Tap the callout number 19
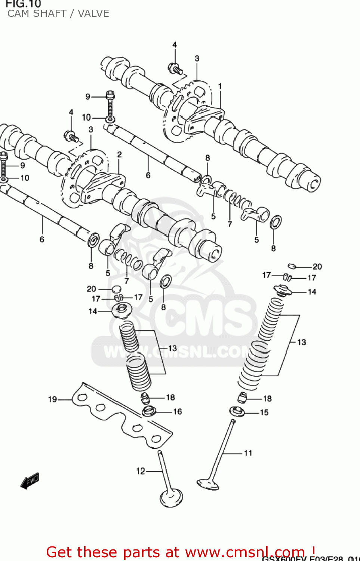point(52,399)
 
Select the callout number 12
point(141,471)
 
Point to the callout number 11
point(248,453)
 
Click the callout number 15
point(264,413)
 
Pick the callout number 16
point(178,412)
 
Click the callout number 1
point(220,86)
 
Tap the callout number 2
point(119,154)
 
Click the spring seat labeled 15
point(237,411)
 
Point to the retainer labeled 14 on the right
point(283,290)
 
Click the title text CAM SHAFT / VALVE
point(58,13)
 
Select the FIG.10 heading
point(23,4)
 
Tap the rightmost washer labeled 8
point(276,223)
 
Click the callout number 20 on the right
point(317,267)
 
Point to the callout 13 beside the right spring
point(301,342)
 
